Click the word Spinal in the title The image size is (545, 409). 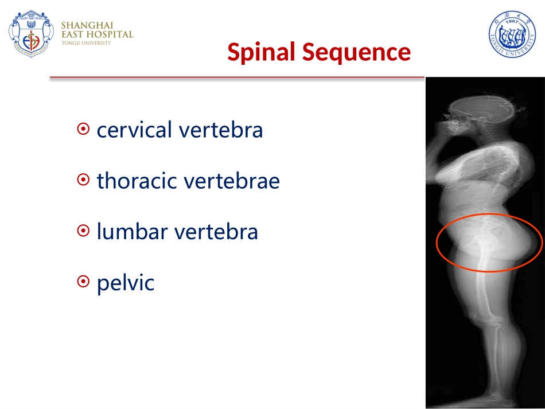click(261, 52)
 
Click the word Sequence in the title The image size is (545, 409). click(356, 53)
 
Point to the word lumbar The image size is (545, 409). click(132, 231)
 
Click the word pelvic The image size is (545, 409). click(126, 282)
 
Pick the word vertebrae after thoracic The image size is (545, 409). click(232, 181)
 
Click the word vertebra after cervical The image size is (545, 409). click(221, 130)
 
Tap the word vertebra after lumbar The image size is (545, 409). click(216, 231)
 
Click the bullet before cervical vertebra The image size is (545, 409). click(83, 129)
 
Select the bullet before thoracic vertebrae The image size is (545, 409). click(83, 180)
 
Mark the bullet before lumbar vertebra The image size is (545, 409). click(83, 231)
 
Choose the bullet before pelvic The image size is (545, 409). click(83, 282)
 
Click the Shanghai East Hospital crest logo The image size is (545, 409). click(32, 33)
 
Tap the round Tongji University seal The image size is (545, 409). click(512, 34)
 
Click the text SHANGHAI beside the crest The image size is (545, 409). click(87, 25)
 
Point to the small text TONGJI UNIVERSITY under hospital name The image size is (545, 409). click(86, 43)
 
